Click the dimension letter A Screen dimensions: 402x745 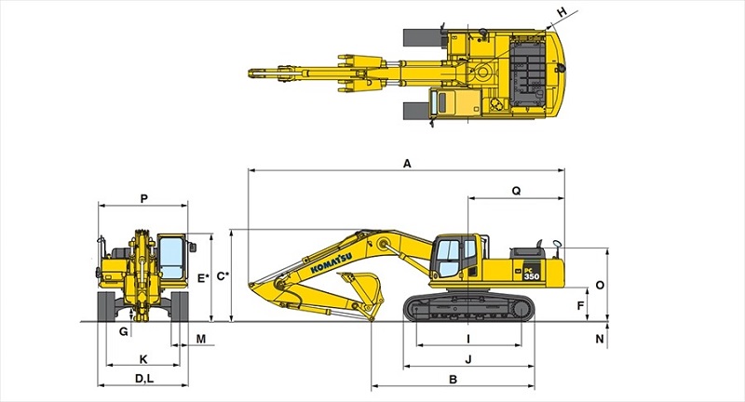pyautogui.click(x=407, y=163)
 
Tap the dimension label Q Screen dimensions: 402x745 pyautogui.click(x=516, y=190)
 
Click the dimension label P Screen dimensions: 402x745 pyautogui.click(x=142, y=197)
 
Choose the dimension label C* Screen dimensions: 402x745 pyautogui.click(x=222, y=276)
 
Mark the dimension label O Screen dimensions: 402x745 pyautogui.click(x=599, y=285)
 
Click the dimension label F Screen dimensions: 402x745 pyautogui.click(x=581, y=305)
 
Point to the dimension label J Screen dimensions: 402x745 pyautogui.click(x=468, y=358)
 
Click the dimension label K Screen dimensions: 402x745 pyautogui.click(x=142, y=358)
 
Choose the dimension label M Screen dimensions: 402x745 pyautogui.click(x=200, y=338)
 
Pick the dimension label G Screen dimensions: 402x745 pyautogui.click(x=123, y=331)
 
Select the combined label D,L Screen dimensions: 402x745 pyautogui.click(x=143, y=379)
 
